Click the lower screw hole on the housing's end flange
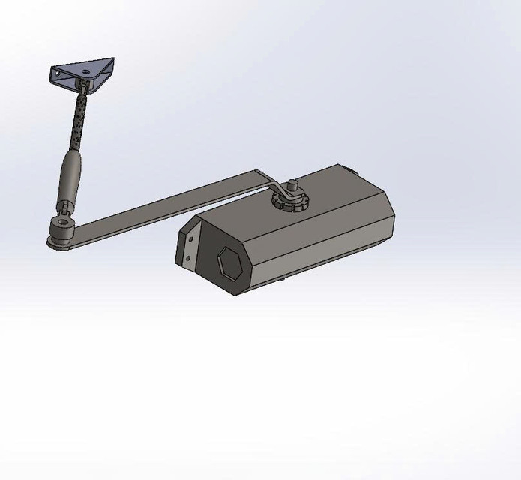pos(188,256)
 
